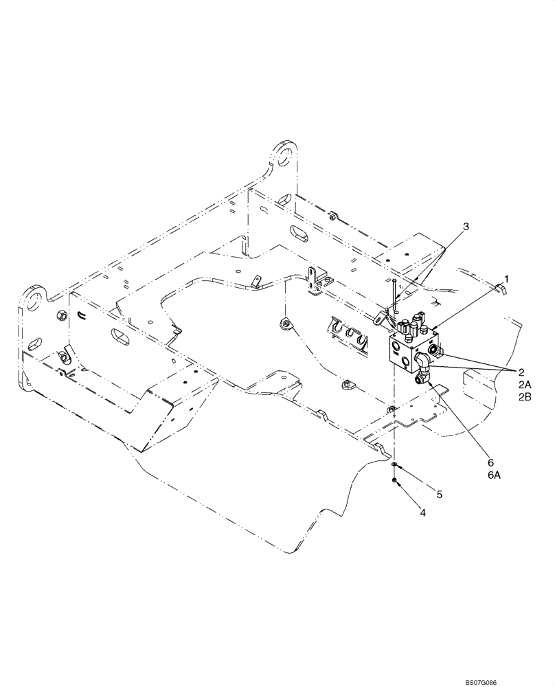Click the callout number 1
point(507,278)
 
